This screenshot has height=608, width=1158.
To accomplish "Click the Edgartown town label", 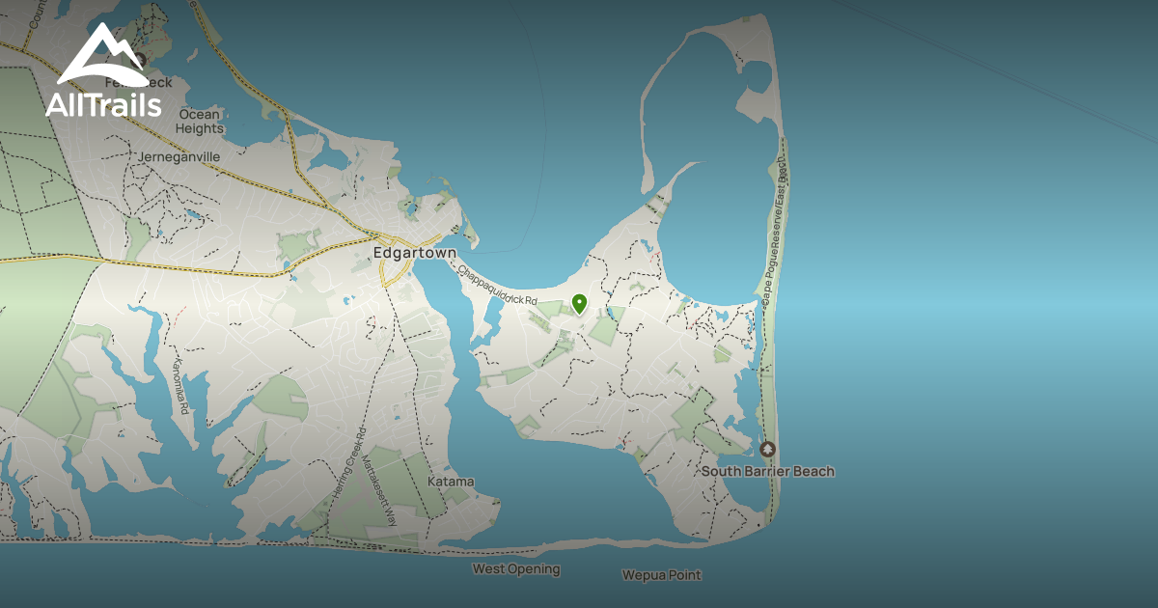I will (414, 253).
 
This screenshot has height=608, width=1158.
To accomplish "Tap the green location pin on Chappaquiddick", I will (579, 303).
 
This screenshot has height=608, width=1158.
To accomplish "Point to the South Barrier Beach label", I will (767, 471).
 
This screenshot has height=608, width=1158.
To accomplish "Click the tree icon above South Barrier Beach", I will (767, 450).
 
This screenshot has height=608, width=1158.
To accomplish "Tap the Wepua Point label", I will (661, 575).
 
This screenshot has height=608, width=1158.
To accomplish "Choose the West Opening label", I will (515, 569).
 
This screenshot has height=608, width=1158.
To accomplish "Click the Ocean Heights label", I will (200, 121).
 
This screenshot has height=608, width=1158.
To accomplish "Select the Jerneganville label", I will (179, 156).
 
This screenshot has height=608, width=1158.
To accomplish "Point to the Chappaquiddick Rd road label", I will (498, 287).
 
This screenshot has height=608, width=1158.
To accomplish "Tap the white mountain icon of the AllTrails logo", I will (102, 57).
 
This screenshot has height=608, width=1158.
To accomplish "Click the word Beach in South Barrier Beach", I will (813, 471).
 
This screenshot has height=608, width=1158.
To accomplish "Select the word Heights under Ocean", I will (200, 128).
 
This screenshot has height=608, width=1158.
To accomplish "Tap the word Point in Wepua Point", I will (683, 575).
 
